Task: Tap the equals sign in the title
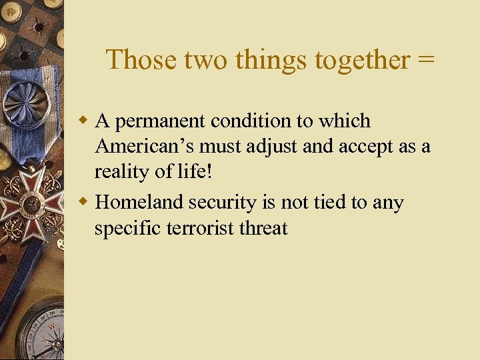(425, 59)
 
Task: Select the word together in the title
(362, 59)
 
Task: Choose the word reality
(121, 172)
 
